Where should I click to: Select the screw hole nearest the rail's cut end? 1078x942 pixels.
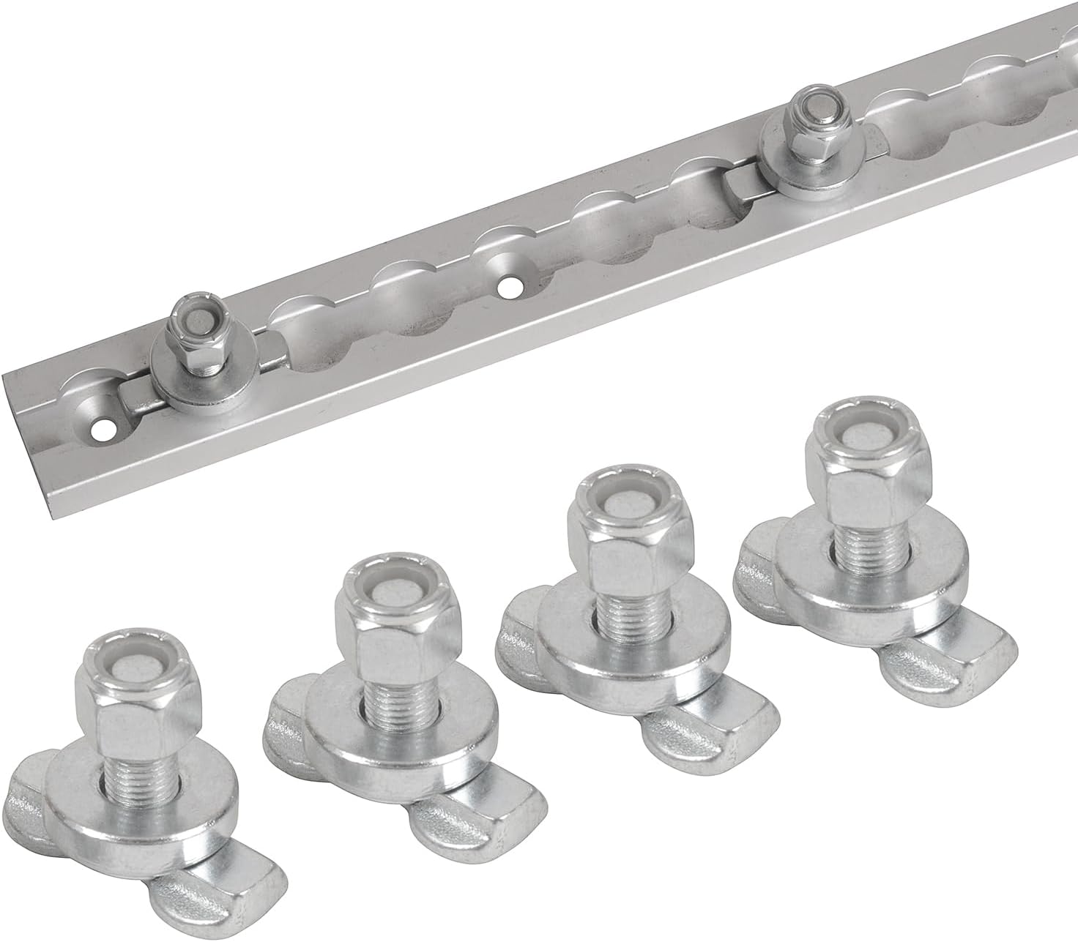(x=105, y=430)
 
